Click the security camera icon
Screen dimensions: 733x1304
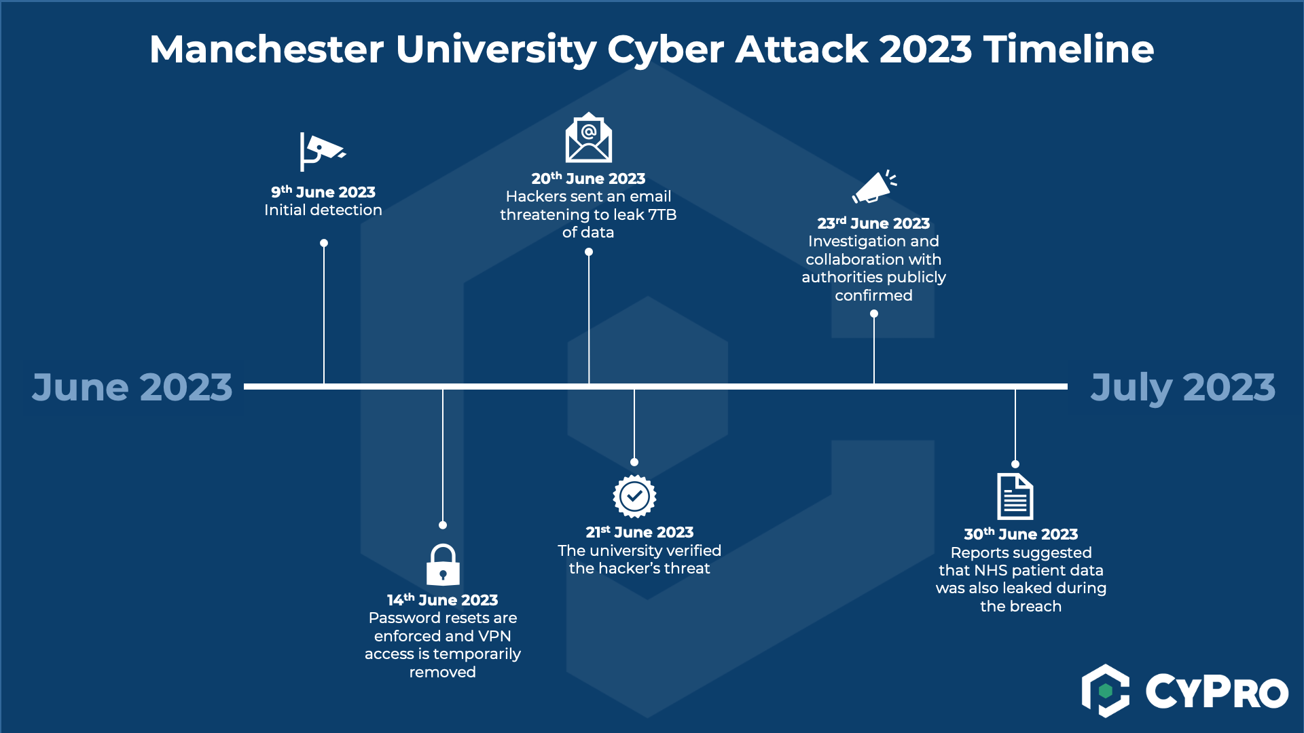[322, 151]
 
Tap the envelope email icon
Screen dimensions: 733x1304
[589, 138]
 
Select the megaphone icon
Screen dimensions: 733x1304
[874, 187]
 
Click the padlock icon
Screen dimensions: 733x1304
[443, 565]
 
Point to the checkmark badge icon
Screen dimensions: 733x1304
[634, 496]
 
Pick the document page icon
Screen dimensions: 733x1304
[1015, 496]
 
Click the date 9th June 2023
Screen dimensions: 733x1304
[323, 192]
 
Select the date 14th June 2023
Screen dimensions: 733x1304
[443, 600]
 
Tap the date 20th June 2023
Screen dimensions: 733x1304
[588, 178]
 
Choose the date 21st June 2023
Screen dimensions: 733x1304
[640, 532]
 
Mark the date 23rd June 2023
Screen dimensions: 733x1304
[873, 223]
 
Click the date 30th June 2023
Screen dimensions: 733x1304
[1021, 534]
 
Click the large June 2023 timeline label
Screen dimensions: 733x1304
[132, 387]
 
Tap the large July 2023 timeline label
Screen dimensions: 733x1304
[1182, 387]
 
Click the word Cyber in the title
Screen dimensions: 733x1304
[665, 50]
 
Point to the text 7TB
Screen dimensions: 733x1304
[662, 214]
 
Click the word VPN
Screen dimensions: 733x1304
[494, 636]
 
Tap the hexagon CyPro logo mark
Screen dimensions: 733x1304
[1105, 691]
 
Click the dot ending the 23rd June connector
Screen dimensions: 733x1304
[874, 314]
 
